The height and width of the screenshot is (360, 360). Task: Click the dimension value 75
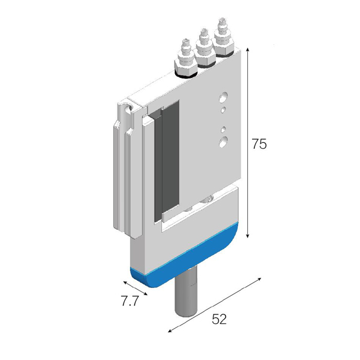pos(259,144)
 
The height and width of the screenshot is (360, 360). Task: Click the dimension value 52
pos(219,319)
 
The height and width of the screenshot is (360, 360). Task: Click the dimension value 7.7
pos(130,301)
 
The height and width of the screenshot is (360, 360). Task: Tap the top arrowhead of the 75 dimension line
pos(247,49)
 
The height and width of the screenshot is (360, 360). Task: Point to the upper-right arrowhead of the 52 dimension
pos(260,279)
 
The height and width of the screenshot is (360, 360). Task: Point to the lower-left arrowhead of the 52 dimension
pos(169,331)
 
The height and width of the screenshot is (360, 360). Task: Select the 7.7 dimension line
pos(135,288)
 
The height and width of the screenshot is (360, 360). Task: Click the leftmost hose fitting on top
pos(186,60)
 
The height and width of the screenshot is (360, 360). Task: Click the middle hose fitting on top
pos(205,49)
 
